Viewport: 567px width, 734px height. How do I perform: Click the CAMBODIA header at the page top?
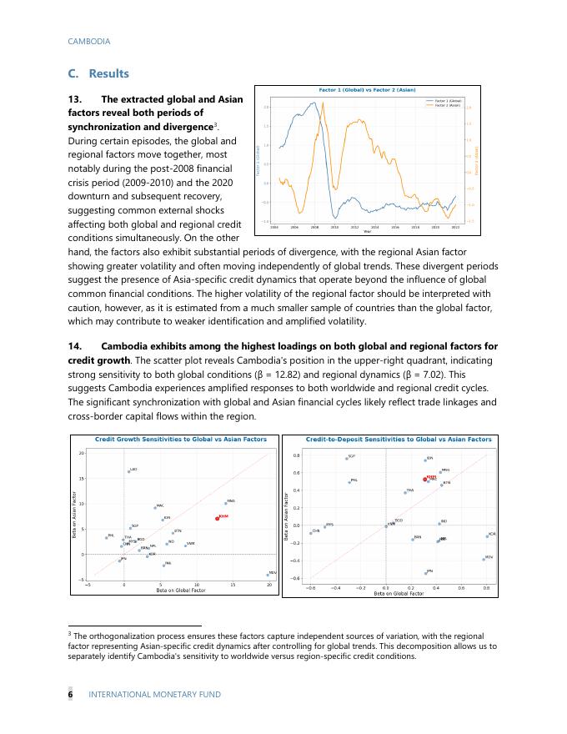[88, 41]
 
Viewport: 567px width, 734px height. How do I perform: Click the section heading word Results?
[108, 74]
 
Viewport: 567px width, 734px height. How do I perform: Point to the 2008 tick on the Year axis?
[314, 226]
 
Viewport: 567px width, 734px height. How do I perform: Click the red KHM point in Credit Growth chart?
[217, 518]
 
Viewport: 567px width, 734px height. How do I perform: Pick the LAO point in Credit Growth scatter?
[128, 471]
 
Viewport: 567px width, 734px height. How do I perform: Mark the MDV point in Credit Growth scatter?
[267, 575]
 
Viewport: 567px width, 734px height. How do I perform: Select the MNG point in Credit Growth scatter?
[225, 503]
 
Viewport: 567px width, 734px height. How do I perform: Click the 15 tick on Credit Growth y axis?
[81, 479]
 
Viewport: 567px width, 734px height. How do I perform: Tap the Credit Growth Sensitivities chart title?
[181, 439]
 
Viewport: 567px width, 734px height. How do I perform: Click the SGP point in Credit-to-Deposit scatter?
[346, 458]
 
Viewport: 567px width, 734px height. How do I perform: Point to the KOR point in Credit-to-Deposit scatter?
[487, 536]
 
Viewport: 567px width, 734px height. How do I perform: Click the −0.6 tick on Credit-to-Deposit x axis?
[310, 587]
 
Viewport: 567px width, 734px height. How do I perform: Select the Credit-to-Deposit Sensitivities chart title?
[399, 439]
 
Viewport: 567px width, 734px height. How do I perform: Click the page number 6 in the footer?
[70, 694]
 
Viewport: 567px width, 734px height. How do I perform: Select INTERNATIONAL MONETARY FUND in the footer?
[154, 694]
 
